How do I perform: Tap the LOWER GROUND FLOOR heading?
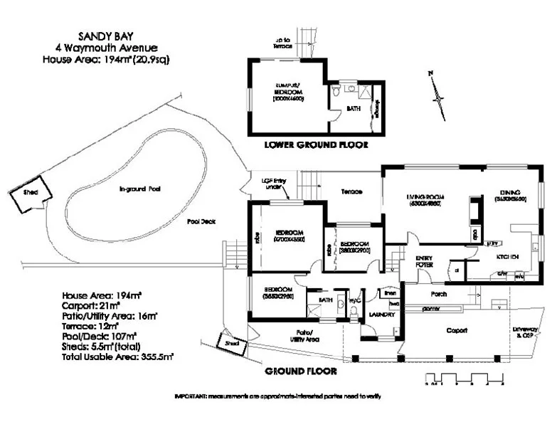pos(316,145)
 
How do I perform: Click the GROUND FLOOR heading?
pos(300,371)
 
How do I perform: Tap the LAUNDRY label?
pos(381,312)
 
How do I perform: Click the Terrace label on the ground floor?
pos(351,192)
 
